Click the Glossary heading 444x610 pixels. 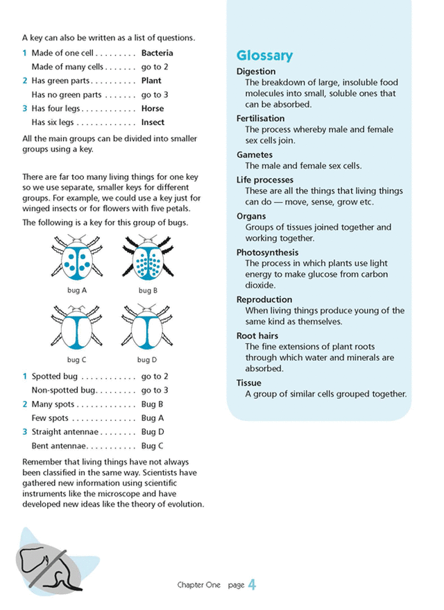click(x=264, y=56)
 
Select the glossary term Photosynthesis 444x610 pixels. click(x=267, y=253)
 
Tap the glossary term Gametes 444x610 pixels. click(x=254, y=155)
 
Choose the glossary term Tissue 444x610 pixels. click(x=248, y=383)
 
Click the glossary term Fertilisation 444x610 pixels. click(x=260, y=119)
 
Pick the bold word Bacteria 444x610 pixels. click(x=157, y=53)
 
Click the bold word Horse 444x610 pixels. click(x=153, y=108)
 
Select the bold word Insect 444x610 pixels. click(x=153, y=122)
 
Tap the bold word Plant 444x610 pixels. click(x=151, y=81)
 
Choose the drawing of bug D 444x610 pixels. click(x=146, y=327)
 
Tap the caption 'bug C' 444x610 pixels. click(x=76, y=360)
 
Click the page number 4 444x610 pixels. click(x=252, y=585)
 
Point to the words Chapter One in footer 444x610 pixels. click(x=198, y=586)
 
